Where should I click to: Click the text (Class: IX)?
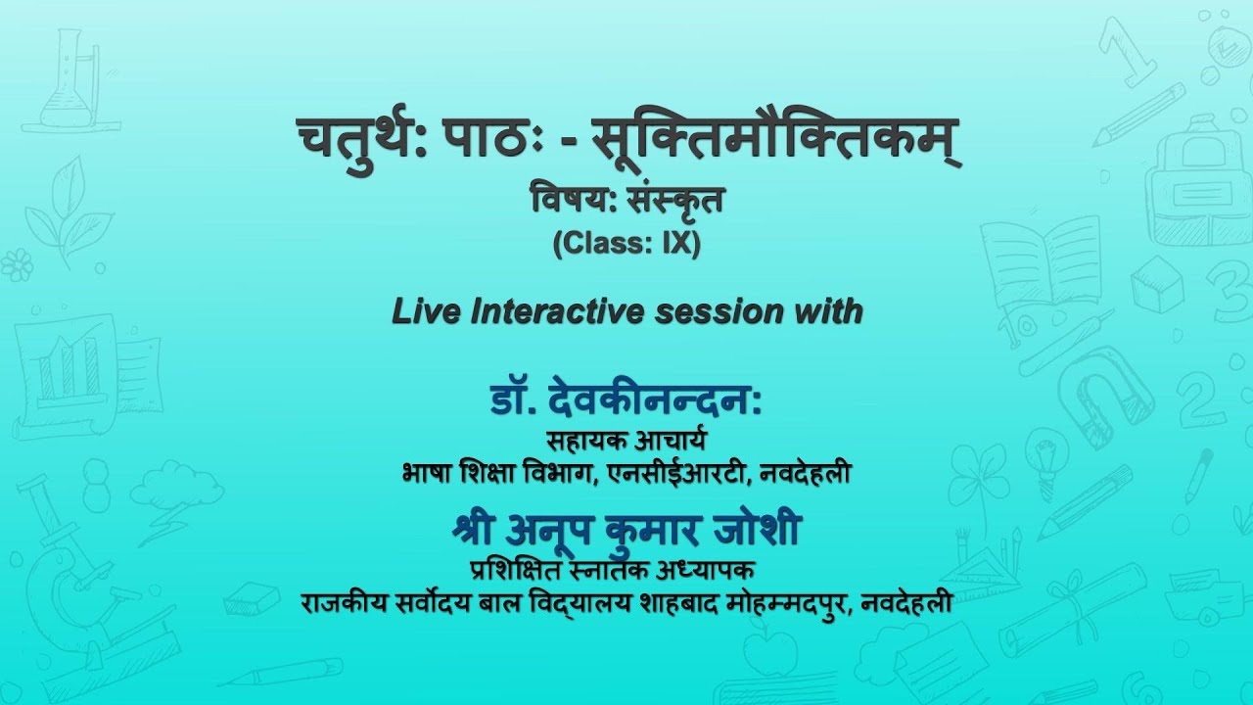click(626, 244)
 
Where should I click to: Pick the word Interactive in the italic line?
click(557, 311)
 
